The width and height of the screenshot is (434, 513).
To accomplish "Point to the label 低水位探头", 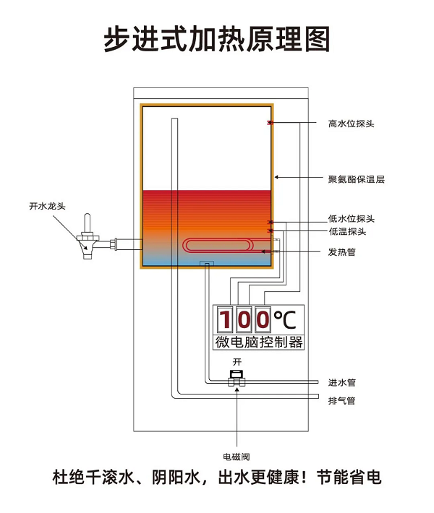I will (x=351, y=219).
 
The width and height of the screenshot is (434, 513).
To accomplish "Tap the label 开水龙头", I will (x=48, y=206).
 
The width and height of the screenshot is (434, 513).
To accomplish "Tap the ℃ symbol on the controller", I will (x=284, y=319).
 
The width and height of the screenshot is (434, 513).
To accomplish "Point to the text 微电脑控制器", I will (x=258, y=342).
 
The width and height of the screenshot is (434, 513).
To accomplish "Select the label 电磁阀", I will (x=236, y=457).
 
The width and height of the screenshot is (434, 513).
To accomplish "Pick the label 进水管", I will (x=341, y=382).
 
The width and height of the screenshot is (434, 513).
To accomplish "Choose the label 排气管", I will (x=341, y=400).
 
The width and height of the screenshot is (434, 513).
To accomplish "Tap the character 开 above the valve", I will (x=236, y=360).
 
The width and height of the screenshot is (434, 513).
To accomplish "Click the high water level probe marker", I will (x=270, y=123).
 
